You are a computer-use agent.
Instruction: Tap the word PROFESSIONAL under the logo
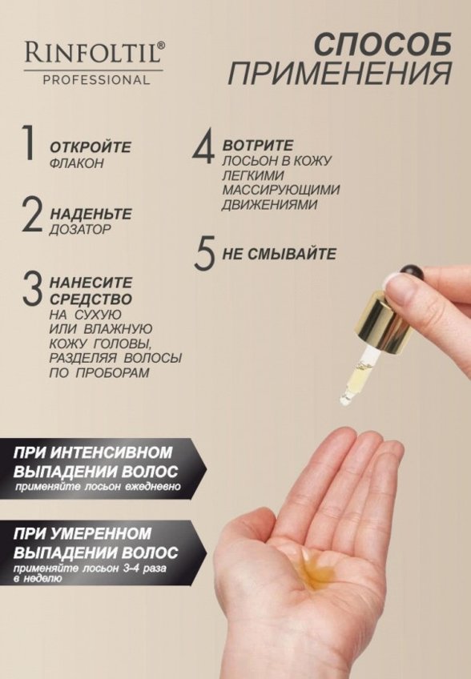pyautogui.click(x=96, y=80)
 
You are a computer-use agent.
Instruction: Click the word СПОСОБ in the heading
pyautogui.click(x=383, y=46)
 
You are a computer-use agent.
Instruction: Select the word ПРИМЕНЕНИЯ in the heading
pyautogui.click(x=340, y=74)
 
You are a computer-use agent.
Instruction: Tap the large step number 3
pyautogui.click(x=32, y=288)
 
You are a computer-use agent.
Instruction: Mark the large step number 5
pyautogui.click(x=204, y=253)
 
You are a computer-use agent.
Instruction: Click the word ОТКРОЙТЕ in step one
pyautogui.click(x=91, y=147)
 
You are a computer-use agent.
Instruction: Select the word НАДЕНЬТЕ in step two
pyautogui.click(x=91, y=214)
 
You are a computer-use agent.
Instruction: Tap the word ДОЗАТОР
pyautogui.click(x=80, y=230)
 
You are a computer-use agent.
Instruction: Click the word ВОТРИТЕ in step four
pyautogui.click(x=258, y=145)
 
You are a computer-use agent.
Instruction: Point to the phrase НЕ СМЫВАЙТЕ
pyautogui.click(x=279, y=254)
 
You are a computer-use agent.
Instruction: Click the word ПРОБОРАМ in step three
pyautogui.click(x=112, y=373)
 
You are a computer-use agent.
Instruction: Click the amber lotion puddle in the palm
pyautogui.click(x=313, y=567)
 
